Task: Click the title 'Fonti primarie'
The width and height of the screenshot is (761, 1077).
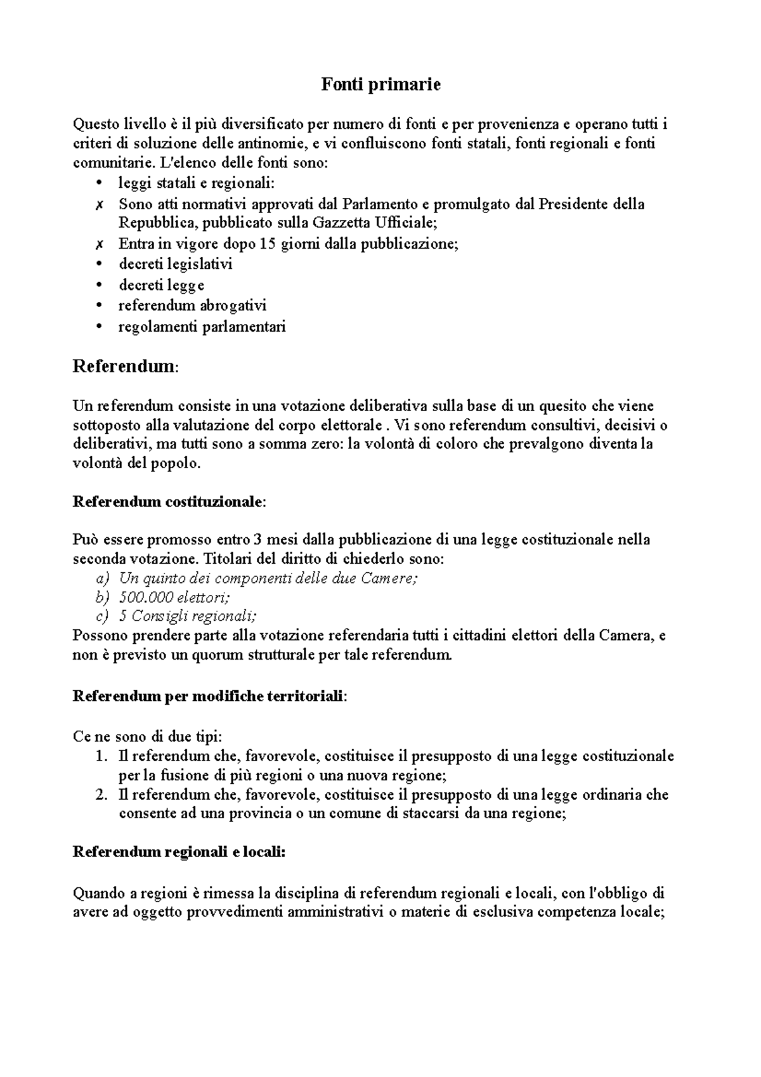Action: (x=380, y=84)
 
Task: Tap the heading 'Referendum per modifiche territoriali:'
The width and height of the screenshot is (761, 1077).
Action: (x=210, y=696)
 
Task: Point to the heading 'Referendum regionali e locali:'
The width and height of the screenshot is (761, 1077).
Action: (x=179, y=852)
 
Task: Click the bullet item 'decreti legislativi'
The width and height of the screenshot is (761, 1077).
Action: (x=176, y=264)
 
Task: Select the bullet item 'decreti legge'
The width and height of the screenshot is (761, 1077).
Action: (x=161, y=285)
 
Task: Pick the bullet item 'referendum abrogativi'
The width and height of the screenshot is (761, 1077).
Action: (x=192, y=306)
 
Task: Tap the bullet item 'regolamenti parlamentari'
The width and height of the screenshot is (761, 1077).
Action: (x=202, y=327)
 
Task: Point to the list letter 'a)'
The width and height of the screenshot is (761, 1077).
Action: (x=102, y=578)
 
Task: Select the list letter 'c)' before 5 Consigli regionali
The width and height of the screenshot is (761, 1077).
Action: (x=102, y=616)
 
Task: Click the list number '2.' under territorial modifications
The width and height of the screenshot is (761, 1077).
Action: (x=101, y=795)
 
